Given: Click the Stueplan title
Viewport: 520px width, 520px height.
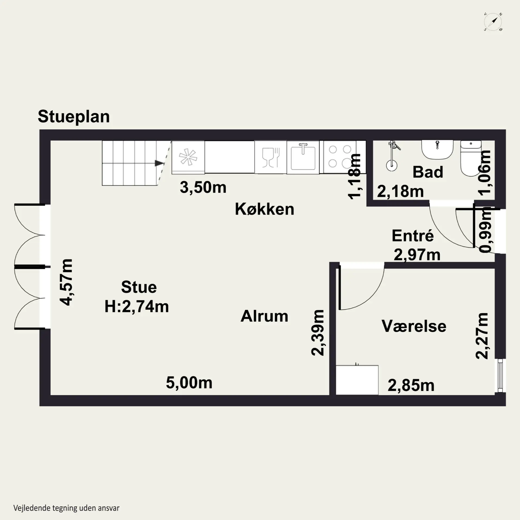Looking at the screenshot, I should point(74,116).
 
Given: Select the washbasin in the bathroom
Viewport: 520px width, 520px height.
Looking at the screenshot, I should point(437,149).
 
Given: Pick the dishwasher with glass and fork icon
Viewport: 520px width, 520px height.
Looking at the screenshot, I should point(271,157).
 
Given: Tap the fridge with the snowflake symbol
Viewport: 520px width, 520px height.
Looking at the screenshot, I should point(188,157).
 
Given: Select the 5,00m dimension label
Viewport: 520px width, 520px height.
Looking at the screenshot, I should point(189,383).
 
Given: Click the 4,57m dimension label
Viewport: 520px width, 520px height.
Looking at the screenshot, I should point(66,282).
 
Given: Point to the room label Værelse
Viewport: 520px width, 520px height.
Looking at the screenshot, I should point(414,326).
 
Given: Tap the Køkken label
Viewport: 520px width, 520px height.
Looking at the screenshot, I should point(264,209).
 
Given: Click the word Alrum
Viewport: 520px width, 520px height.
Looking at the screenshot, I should point(264,316).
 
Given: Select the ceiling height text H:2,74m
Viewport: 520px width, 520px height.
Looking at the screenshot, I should point(137,307).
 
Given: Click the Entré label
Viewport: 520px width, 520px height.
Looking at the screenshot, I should point(412,236).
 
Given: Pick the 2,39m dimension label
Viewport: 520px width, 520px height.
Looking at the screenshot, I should point(318,333).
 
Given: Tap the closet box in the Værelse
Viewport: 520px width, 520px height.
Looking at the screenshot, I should point(357,380).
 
